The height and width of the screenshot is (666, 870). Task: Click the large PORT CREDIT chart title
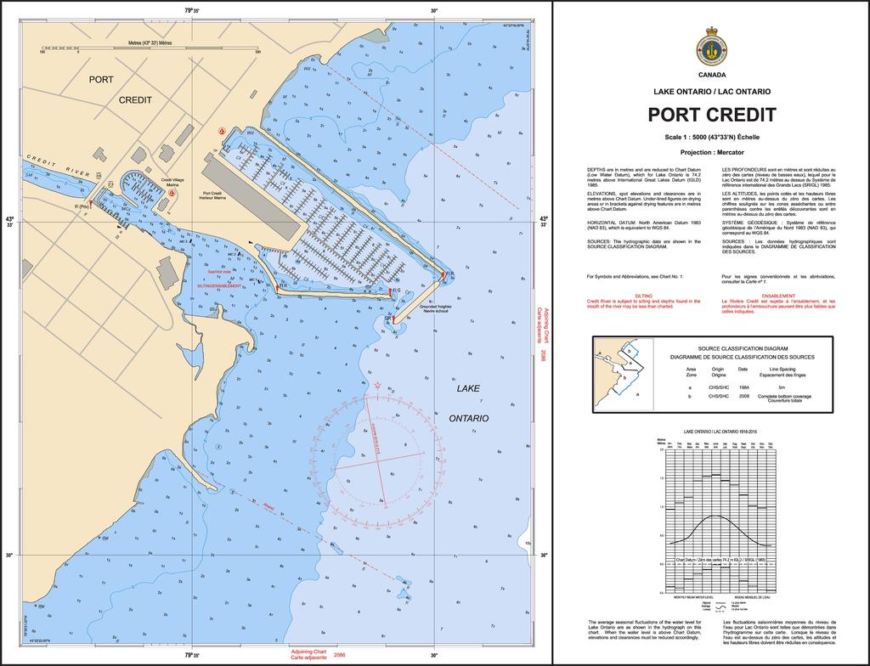click(x=711, y=114)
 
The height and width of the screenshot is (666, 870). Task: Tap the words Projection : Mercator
click(x=711, y=151)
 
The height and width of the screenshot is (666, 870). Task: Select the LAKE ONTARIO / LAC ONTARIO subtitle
click(x=711, y=91)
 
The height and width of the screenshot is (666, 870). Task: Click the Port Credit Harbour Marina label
click(x=206, y=195)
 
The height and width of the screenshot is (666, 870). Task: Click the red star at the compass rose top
click(x=378, y=387)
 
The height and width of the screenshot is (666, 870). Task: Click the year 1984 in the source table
click(x=743, y=387)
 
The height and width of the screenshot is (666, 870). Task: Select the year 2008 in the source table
click(x=743, y=396)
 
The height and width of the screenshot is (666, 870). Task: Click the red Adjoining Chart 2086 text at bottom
click(x=315, y=655)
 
